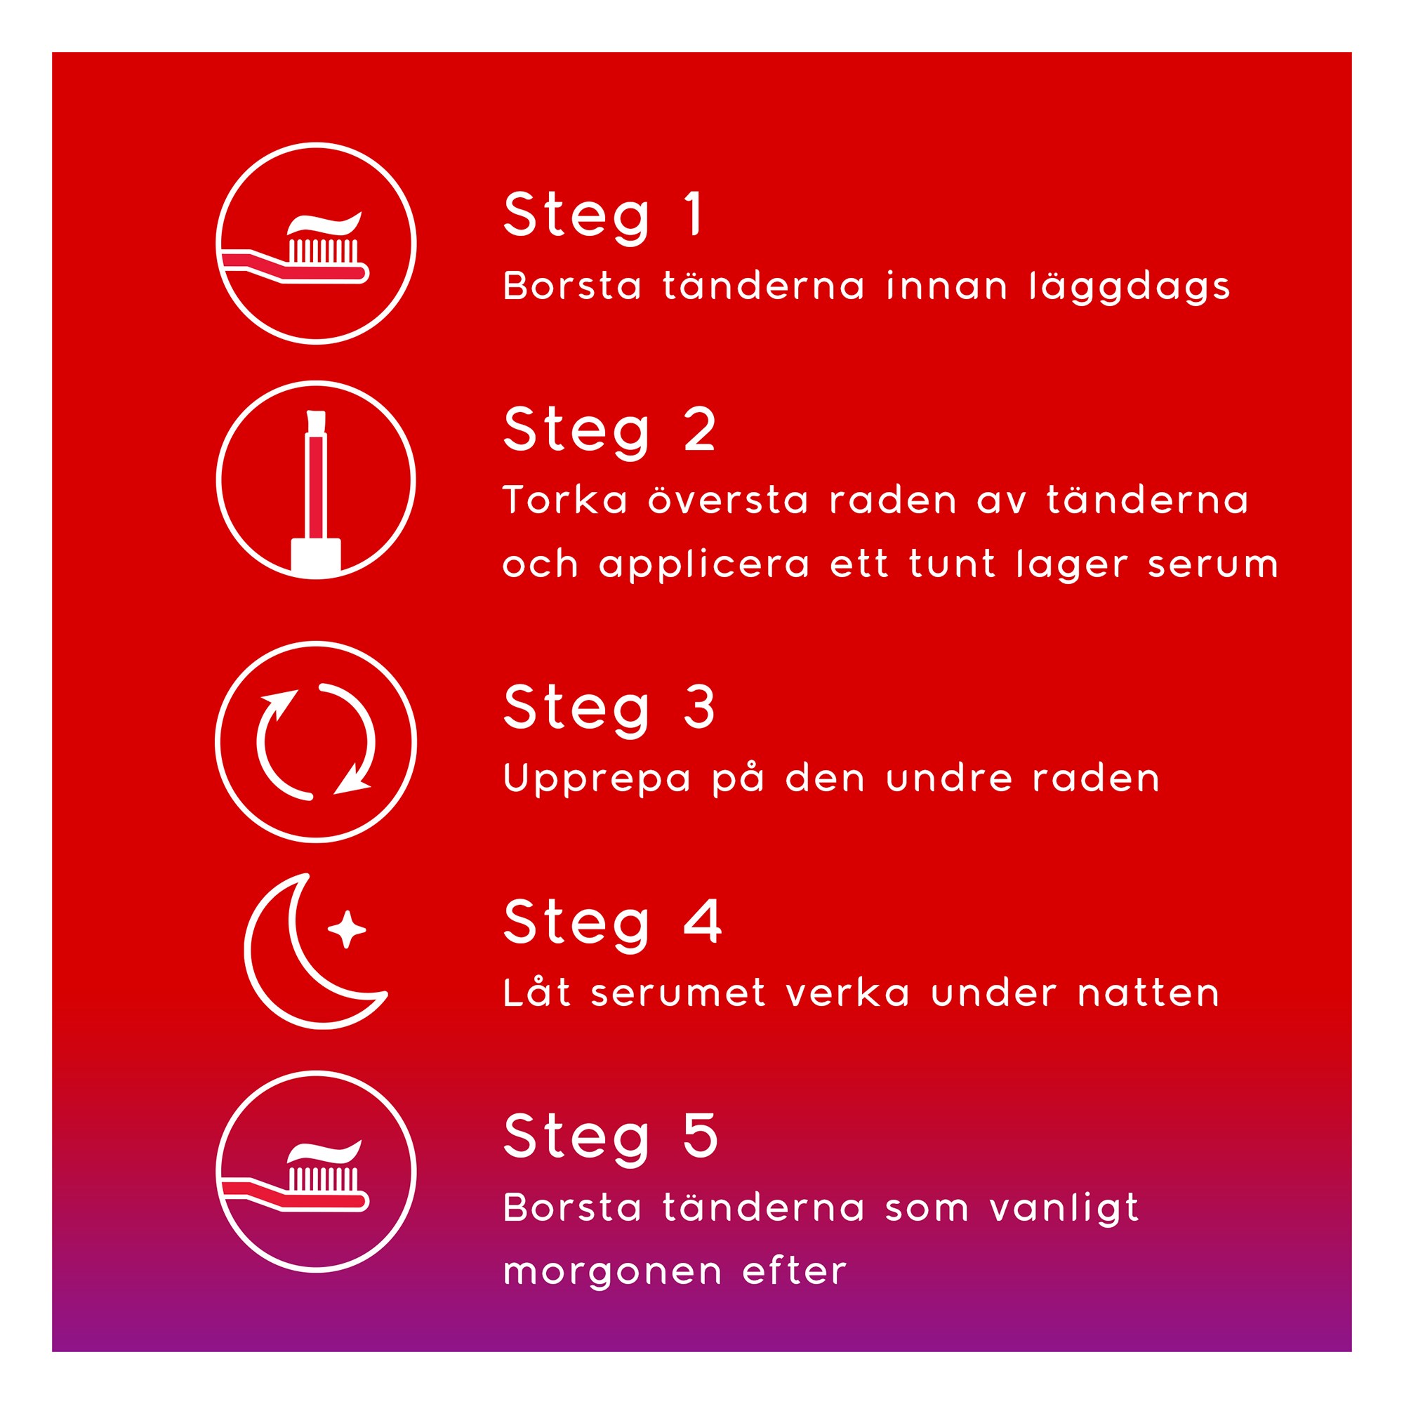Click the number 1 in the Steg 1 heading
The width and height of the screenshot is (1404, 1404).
[x=694, y=213]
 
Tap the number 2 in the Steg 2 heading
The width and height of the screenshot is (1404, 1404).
[x=700, y=428]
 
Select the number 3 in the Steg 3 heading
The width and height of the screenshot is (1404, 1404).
[x=699, y=706]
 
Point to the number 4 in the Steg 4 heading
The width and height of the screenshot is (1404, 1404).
[x=702, y=921]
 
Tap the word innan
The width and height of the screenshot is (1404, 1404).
[x=947, y=286]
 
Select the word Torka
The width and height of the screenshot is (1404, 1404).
[x=564, y=500]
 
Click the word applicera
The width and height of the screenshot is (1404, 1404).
[x=704, y=565]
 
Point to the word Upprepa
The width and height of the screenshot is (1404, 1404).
[x=597, y=780]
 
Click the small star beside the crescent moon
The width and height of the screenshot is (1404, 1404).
[x=347, y=929]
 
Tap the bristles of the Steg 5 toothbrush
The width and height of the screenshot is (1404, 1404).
[x=324, y=1179]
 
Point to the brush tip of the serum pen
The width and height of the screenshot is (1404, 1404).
[x=316, y=422]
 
